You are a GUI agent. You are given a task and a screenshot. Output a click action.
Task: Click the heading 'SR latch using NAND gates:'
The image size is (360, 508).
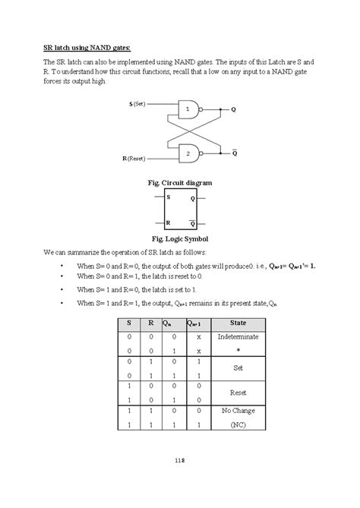pyautogui.click(x=87, y=46)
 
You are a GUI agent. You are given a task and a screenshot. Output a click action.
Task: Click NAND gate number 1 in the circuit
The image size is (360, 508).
pyautogui.click(x=188, y=110)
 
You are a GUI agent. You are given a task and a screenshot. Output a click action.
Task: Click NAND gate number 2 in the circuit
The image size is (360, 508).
pyautogui.click(x=188, y=154)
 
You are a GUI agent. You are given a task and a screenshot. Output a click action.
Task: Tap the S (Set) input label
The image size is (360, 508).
pyautogui.click(x=137, y=103)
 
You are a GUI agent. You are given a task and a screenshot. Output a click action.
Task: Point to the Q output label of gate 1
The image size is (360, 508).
pyautogui.click(x=234, y=110)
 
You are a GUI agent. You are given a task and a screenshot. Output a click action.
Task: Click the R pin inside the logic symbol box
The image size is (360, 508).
pyautogui.click(x=168, y=224)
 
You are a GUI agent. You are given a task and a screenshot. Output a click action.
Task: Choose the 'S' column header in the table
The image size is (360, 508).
pyautogui.click(x=129, y=322)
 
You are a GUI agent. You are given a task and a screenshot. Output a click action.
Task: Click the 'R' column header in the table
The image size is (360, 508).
pyautogui.click(x=151, y=322)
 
